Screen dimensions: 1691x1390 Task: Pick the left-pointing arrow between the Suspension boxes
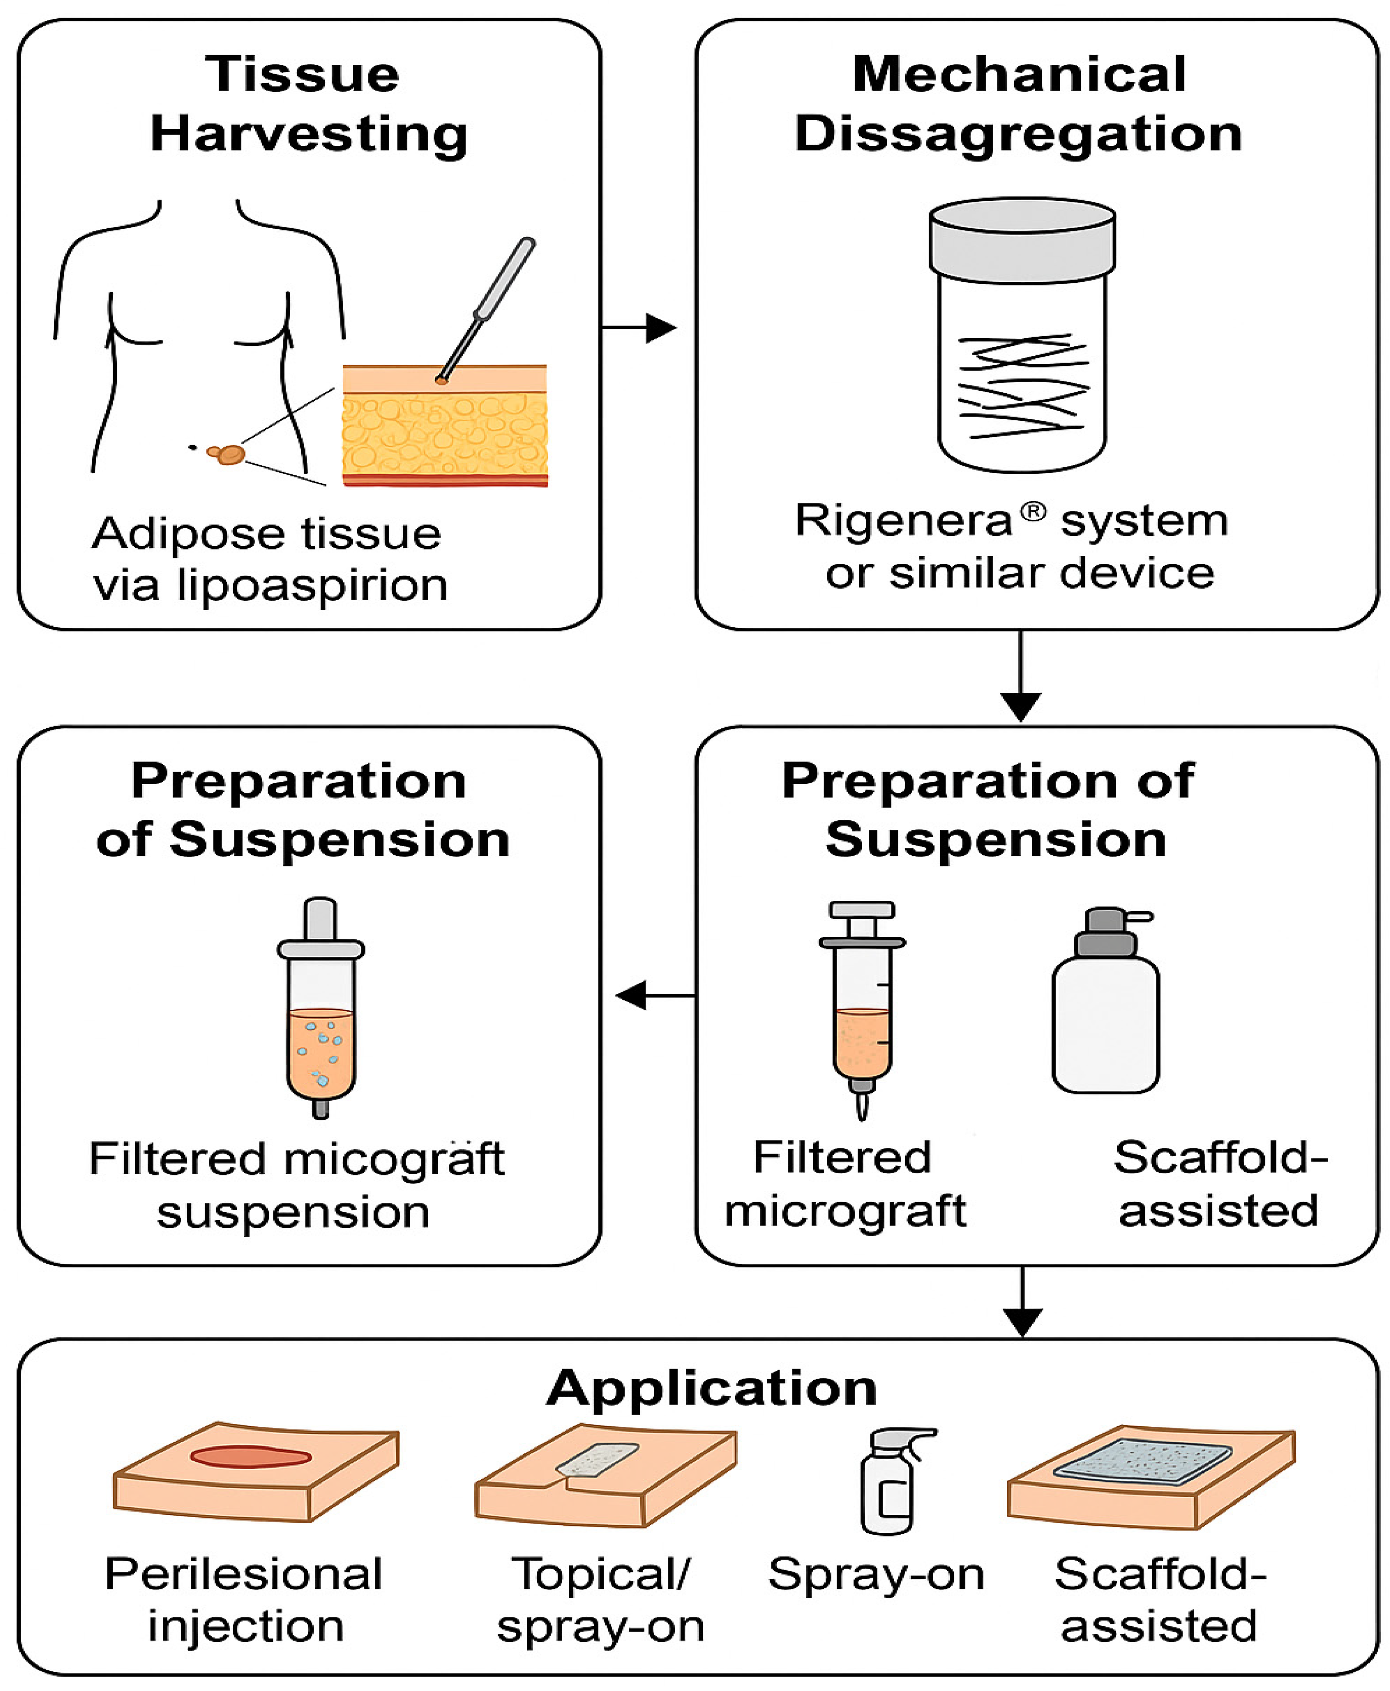[653, 995]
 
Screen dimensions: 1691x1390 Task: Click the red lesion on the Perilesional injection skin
[251, 1456]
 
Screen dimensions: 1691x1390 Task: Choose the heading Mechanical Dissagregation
[1018, 104]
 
